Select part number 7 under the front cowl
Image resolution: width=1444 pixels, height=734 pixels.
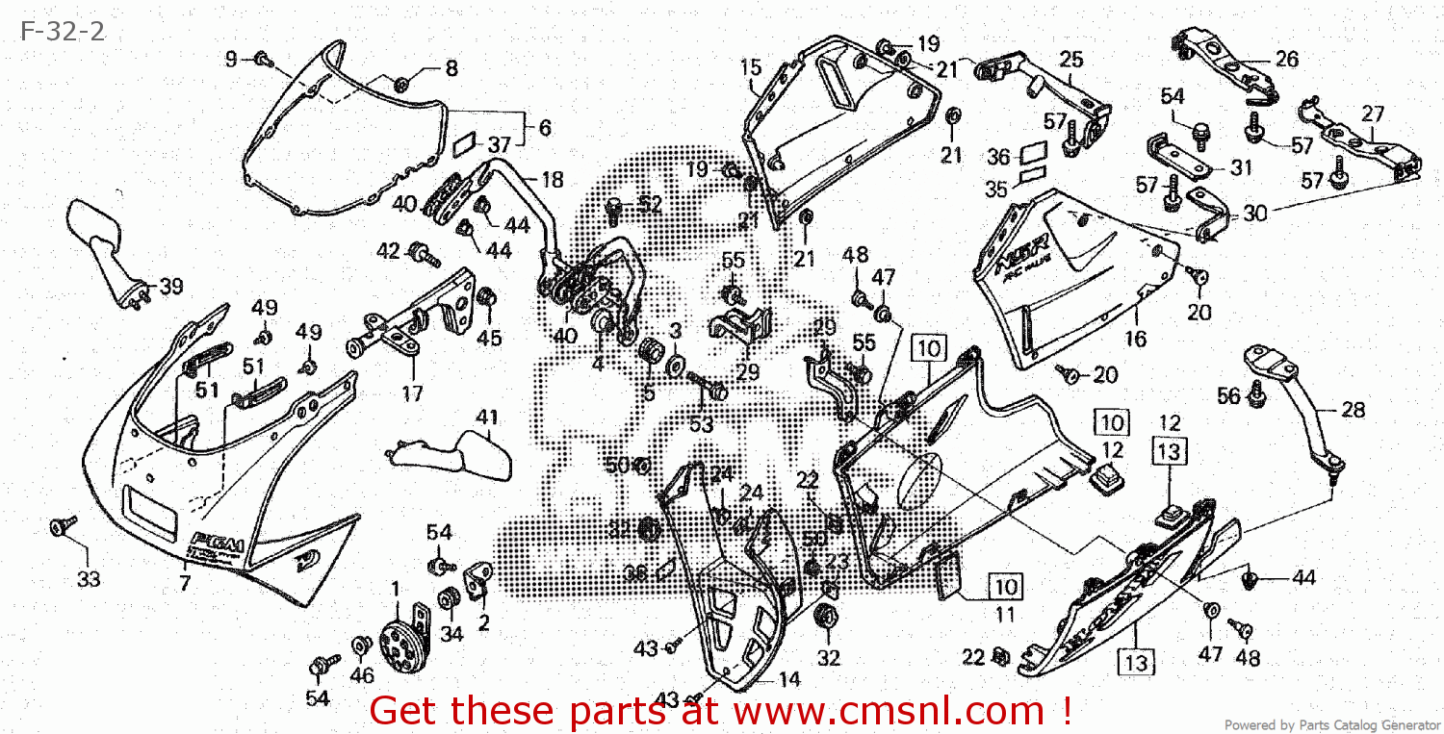point(184,582)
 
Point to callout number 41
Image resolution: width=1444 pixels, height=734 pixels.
point(488,418)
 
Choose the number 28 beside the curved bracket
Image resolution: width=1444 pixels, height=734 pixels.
point(1353,410)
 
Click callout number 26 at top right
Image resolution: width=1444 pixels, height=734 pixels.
point(1286,59)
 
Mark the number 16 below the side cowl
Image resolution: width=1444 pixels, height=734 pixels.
point(1136,339)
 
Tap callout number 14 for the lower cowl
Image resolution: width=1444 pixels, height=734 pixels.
point(789,680)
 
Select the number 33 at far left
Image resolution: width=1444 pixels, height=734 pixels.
point(88,579)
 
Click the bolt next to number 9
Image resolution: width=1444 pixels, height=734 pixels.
point(262,60)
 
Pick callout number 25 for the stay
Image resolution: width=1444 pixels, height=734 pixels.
point(1070,60)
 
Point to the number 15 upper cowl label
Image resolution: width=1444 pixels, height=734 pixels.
point(751,67)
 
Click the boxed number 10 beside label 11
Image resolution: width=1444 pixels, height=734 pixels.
point(1005,586)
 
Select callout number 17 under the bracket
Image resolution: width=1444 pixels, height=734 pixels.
point(412,392)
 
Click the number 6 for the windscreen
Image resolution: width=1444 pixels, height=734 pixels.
point(545,127)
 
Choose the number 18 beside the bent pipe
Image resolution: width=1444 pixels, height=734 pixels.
point(552,180)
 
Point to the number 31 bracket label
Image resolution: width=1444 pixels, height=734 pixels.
point(1241,168)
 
